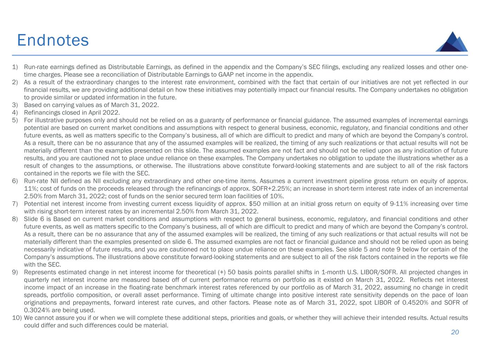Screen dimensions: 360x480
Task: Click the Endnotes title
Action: click(x=53, y=40)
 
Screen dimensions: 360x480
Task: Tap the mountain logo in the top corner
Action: click(x=452, y=42)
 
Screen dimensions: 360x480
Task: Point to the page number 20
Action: click(x=455, y=332)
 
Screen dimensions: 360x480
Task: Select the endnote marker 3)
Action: click(x=15, y=105)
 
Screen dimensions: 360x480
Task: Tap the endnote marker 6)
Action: click(x=15, y=181)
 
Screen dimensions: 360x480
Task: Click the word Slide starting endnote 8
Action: click(x=31, y=219)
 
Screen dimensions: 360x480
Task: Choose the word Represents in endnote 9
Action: click(x=39, y=272)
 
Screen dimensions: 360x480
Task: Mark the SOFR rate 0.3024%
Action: click(x=35, y=310)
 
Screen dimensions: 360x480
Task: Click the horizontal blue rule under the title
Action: click(x=240, y=55)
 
